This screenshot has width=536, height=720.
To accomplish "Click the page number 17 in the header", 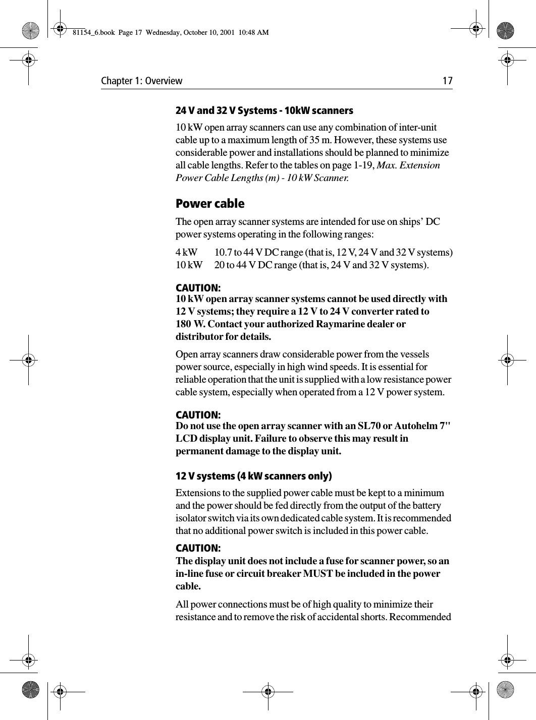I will click(447, 81).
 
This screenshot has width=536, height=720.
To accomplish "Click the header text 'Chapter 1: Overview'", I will click(142, 81).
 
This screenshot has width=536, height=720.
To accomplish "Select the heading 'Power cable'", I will click(209, 204).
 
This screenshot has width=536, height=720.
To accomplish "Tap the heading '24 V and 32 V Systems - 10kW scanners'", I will click(264, 110).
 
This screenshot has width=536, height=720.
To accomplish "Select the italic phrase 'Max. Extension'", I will click(408, 165).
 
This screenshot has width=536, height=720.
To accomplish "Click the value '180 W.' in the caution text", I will click(188, 324).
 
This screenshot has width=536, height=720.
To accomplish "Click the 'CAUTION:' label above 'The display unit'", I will click(197, 549).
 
